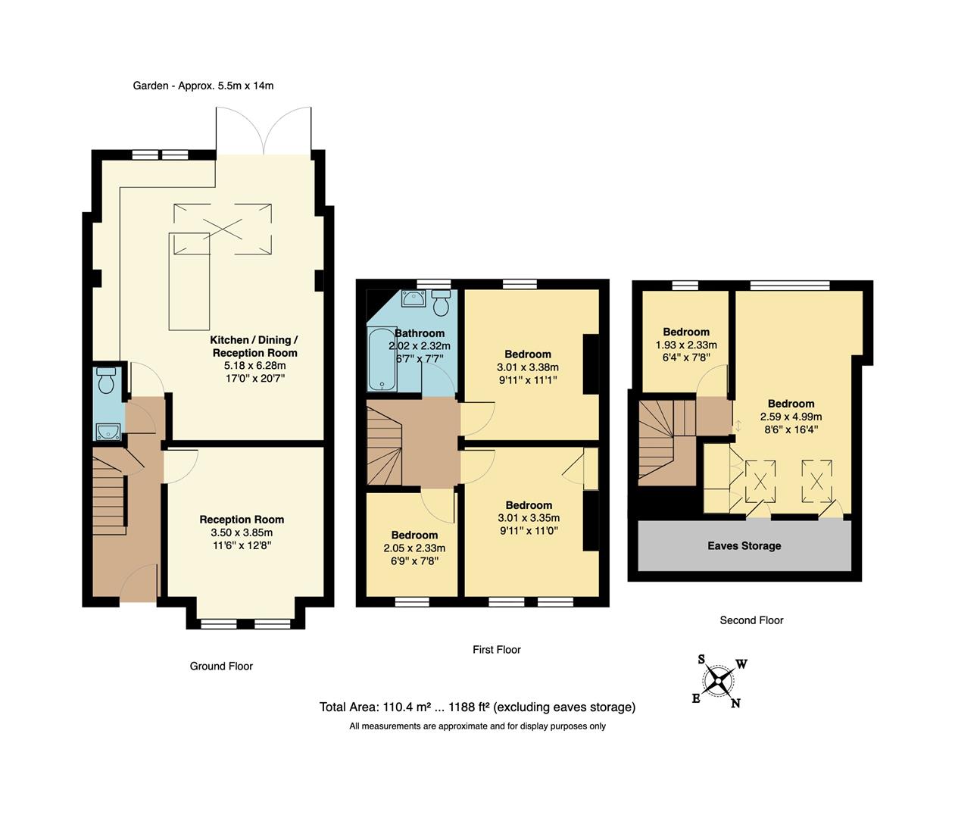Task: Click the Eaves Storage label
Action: (744, 545)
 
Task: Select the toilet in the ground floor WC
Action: (106, 380)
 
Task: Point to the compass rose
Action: (718, 680)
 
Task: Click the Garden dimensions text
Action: (203, 86)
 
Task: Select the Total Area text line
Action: (477, 707)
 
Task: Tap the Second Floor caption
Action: (751, 620)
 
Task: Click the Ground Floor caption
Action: (221, 667)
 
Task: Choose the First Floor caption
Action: (497, 650)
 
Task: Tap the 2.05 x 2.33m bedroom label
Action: (414, 548)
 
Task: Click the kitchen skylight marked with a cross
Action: (223, 229)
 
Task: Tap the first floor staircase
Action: (385, 445)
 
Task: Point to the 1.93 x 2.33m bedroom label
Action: (686, 344)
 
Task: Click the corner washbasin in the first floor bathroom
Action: (414, 300)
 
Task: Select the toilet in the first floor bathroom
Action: (442, 302)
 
